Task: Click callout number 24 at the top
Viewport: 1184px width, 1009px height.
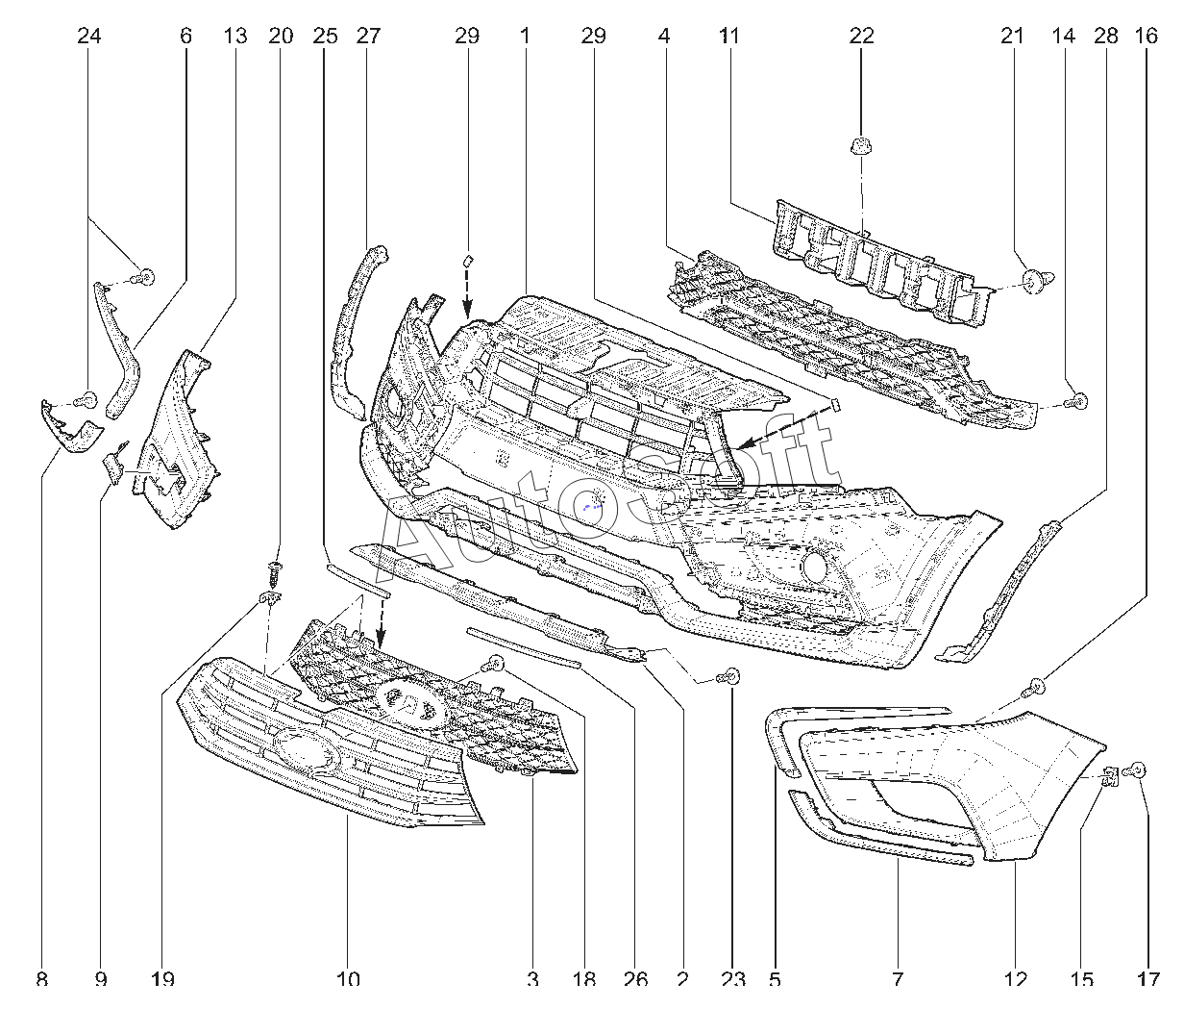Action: tap(88, 37)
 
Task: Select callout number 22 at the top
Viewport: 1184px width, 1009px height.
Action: tap(861, 37)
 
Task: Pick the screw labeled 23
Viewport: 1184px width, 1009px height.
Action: tap(728, 677)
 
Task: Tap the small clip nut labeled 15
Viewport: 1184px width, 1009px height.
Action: tap(1111, 776)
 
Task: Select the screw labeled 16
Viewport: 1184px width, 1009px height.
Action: tap(1033, 686)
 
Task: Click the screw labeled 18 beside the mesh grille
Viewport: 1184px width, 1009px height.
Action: tap(494, 665)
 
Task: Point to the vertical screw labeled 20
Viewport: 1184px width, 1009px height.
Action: tap(276, 574)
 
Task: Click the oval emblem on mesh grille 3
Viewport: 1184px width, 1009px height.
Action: tap(411, 705)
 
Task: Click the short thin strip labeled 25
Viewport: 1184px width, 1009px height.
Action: tap(358, 581)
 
